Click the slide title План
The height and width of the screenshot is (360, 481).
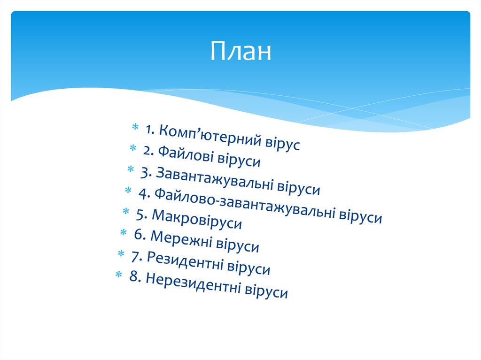pos(241,51)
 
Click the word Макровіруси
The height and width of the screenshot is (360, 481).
pos(197,219)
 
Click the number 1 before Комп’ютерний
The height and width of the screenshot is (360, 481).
pos(149,130)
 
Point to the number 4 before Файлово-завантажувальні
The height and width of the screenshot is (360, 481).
pos(144,194)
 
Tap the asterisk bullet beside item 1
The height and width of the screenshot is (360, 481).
pos(135,127)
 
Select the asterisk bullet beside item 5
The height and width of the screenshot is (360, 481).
pos(126,211)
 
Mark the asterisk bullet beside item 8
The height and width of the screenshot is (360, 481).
pos(119,275)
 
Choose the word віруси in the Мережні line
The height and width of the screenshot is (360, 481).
pos(238,245)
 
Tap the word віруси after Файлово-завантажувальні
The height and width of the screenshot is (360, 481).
pos(360,215)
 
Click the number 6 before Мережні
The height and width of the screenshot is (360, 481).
pos(140,235)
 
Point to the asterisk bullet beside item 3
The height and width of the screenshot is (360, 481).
pos(131,169)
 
